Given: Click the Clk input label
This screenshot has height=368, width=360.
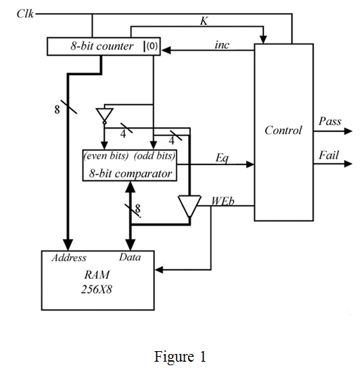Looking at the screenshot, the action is click(25, 13).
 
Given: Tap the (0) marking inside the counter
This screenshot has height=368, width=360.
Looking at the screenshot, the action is click(152, 46).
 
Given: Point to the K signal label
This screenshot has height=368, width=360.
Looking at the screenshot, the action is click(204, 21).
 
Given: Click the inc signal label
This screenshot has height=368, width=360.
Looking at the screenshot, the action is click(222, 44).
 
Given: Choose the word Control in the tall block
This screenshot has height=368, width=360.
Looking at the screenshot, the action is click(283, 130).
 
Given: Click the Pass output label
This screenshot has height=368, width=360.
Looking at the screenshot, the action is click(330, 121).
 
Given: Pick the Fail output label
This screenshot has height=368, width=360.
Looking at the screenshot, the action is click(328, 155).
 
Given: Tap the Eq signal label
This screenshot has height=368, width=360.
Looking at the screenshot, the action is click(222, 158).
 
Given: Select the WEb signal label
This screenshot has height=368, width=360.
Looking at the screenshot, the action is click(222, 201).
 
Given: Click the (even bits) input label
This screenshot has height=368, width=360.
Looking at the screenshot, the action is click(106, 156).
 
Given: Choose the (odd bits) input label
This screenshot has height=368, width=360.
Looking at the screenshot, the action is click(154, 156).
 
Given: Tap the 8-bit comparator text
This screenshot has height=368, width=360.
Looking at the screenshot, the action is click(131, 173).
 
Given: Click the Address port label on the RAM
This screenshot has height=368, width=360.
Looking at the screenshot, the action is click(69, 258).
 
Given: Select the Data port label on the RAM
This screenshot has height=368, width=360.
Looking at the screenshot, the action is click(130, 257).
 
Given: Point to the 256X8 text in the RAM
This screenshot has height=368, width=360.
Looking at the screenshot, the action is click(96, 289).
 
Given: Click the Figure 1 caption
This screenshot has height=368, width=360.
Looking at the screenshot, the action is click(180, 357).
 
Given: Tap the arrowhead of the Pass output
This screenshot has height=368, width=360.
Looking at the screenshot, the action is click(348, 131).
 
